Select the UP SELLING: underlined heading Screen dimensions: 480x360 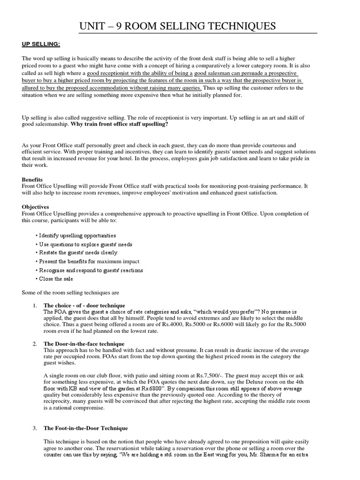(x=41, y=44)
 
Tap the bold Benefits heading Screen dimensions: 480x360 (x=32, y=179)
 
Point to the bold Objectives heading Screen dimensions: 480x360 (x=35, y=206)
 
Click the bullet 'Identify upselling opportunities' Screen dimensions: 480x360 (x=76, y=235)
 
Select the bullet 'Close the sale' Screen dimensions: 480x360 (x=54, y=279)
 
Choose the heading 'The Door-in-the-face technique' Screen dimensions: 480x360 (x=84, y=344)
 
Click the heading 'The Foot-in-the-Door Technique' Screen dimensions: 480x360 (x=85, y=428)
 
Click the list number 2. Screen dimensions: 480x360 (x=35, y=344)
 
